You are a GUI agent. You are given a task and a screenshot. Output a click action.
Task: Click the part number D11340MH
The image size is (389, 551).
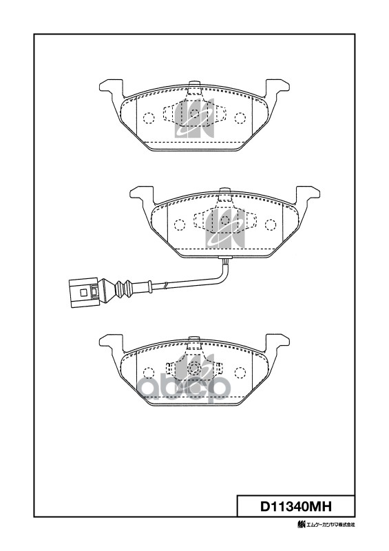[295, 507]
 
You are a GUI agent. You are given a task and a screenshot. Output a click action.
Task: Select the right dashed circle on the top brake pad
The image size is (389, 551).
[240, 117]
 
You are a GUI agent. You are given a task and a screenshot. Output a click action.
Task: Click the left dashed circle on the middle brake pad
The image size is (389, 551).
[179, 225]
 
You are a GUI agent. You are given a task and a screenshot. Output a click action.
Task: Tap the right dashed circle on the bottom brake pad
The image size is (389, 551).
[240, 372]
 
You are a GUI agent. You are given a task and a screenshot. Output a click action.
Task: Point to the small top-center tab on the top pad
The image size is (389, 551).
[193, 87]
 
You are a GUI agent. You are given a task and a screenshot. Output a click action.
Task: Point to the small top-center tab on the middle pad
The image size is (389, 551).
[224, 193]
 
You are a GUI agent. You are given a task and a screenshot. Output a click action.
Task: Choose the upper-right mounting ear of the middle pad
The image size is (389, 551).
[308, 194]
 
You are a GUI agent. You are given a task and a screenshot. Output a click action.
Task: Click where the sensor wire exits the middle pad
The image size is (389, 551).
[224, 259]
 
